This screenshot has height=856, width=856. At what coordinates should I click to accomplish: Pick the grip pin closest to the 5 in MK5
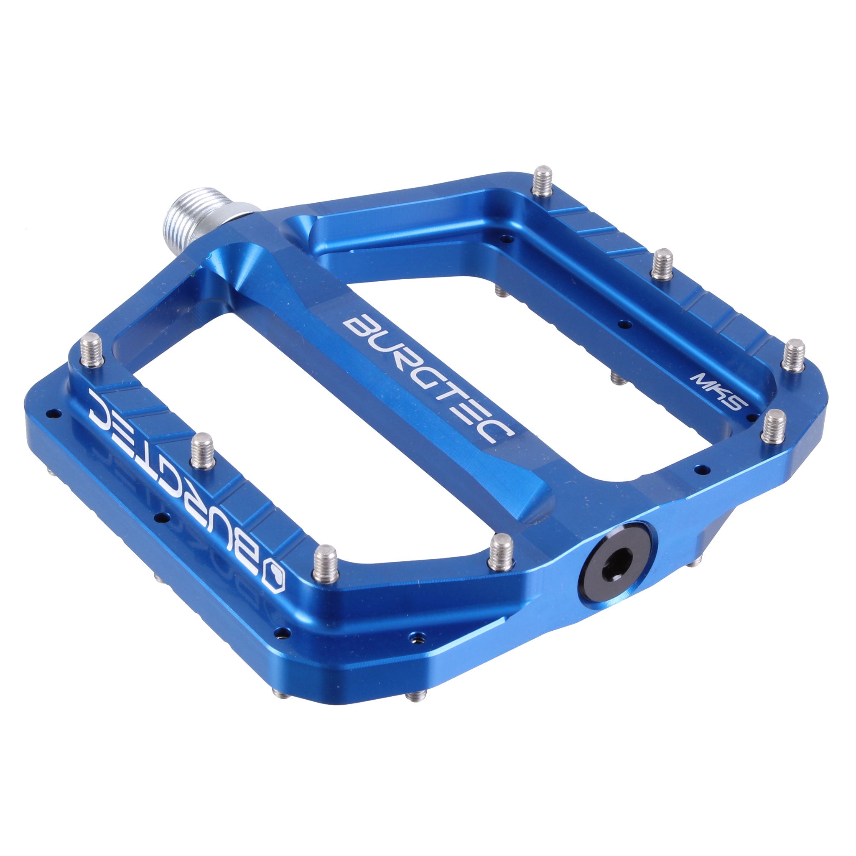click(x=774, y=426)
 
